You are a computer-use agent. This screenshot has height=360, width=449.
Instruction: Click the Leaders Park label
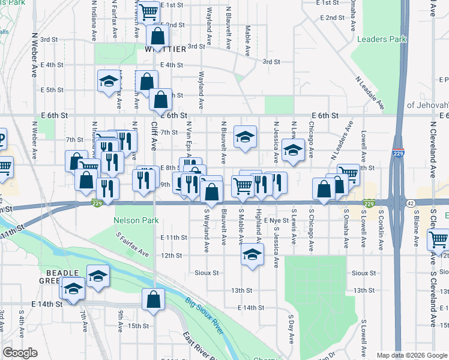click(x=381, y=39)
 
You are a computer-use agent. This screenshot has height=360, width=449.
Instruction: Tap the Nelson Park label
click(x=136, y=220)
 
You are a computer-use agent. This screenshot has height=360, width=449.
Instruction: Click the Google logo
click(x=20, y=353)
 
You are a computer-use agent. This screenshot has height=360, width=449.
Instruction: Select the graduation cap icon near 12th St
click(x=253, y=254)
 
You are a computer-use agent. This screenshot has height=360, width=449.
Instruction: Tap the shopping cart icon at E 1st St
click(x=148, y=10)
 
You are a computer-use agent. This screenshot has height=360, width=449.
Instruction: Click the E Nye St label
click(x=277, y=221)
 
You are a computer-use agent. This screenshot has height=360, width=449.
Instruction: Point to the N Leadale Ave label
click(x=369, y=92)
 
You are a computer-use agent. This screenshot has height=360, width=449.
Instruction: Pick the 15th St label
click(x=138, y=326)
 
